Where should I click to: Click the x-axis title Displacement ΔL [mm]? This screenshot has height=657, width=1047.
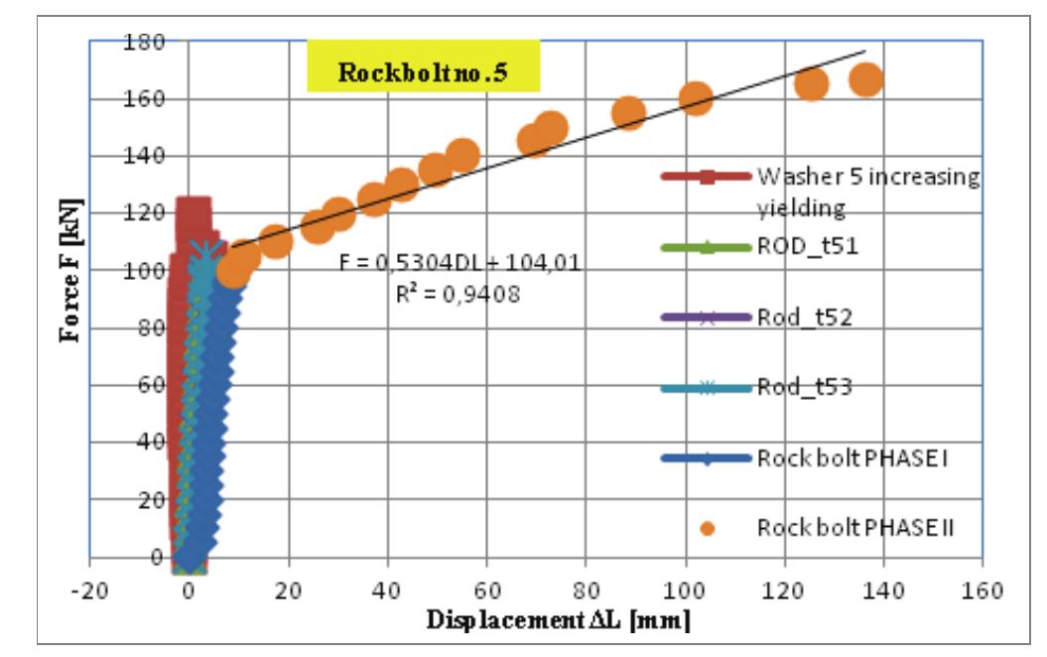(559, 621)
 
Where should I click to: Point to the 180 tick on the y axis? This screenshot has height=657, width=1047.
(146, 42)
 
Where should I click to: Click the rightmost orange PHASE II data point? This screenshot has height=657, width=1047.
(866, 80)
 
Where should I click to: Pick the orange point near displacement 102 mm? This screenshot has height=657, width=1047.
(697, 99)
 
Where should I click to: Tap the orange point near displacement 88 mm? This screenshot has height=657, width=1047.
(628, 113)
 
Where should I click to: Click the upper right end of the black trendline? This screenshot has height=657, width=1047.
(865, 51)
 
